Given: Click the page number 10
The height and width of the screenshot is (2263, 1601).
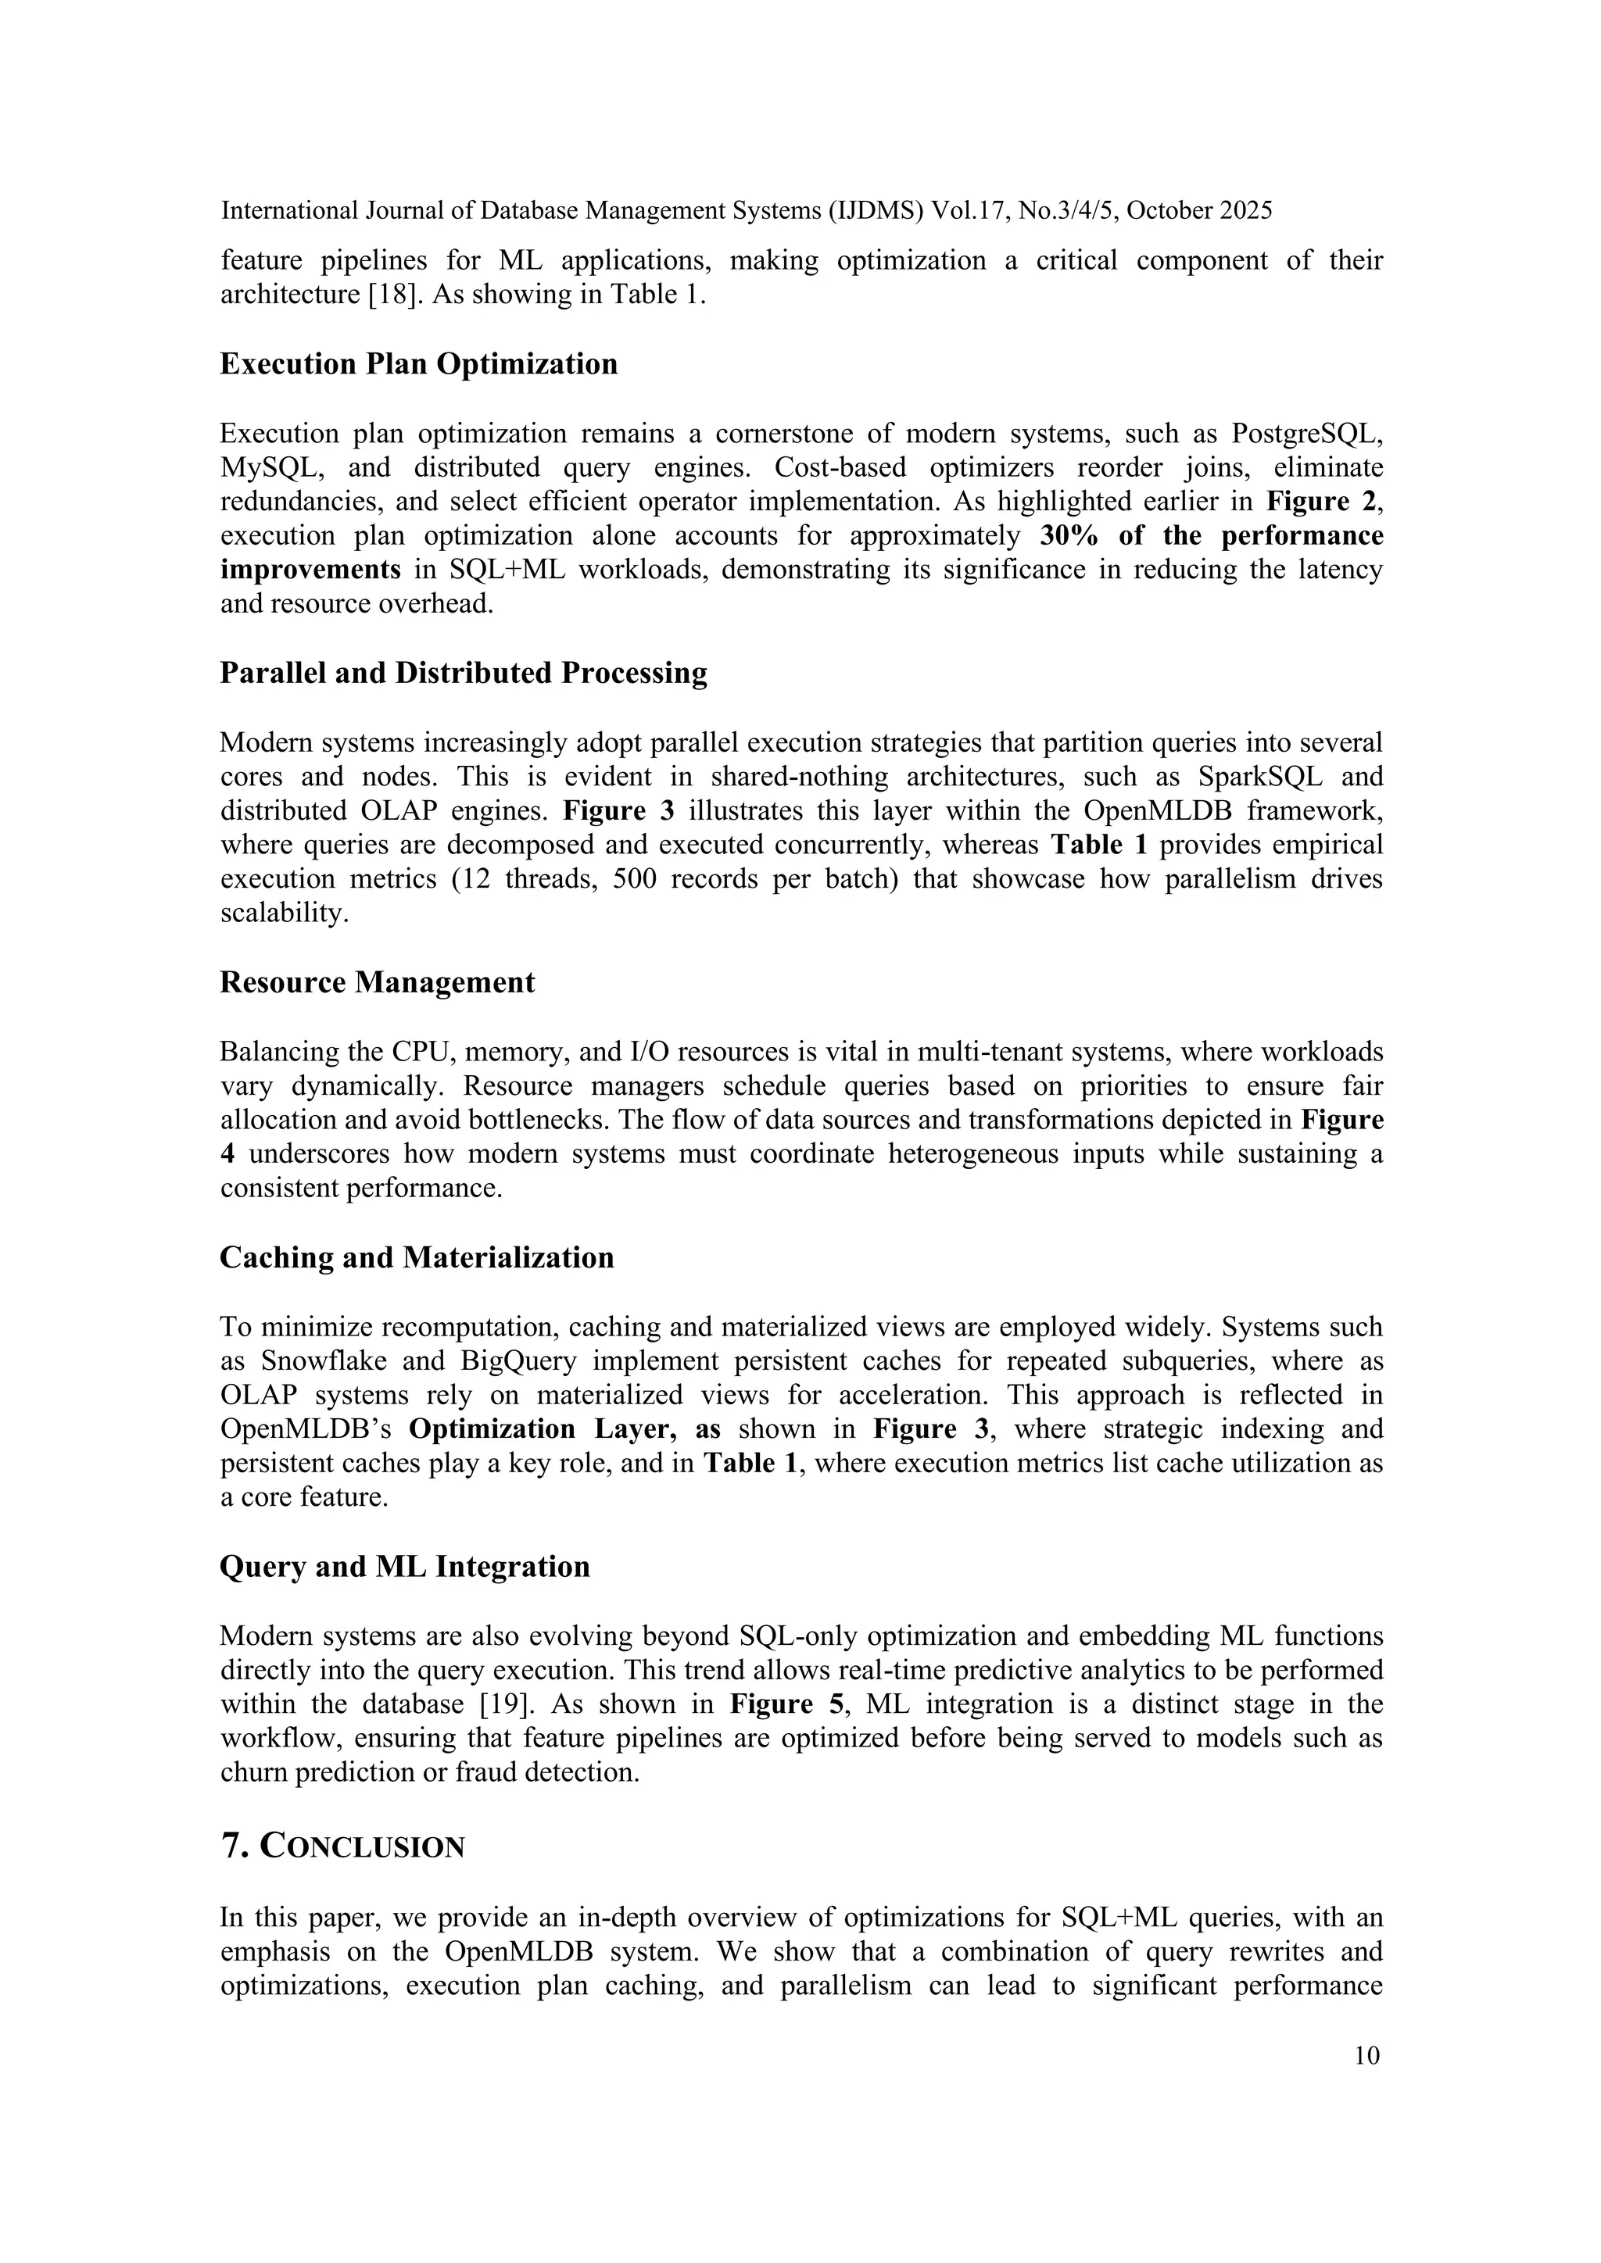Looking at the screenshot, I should tap(1366, 2055).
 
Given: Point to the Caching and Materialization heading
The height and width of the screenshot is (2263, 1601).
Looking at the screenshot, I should tap(416, 1257).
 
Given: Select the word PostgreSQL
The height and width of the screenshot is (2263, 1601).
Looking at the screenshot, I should tap(1307, 434).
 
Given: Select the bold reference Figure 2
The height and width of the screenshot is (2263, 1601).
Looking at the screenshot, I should tap(1321, 502).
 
